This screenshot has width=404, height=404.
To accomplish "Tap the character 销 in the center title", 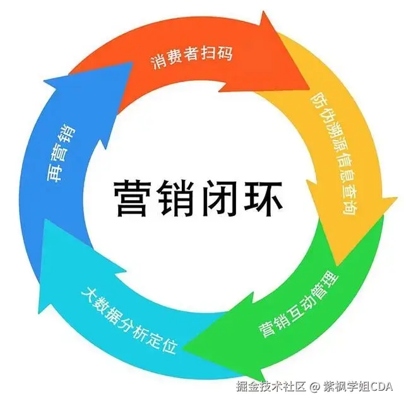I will click(x=179, y=198).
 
